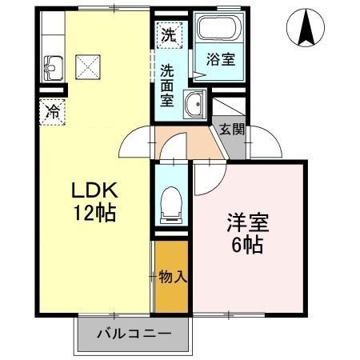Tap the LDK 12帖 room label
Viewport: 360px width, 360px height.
(x=95, y=202)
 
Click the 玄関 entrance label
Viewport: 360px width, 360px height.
(x=232, y=128)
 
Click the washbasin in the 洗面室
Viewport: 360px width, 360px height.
(x=193, y=104)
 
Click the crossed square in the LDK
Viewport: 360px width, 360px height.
(x=87, y=67)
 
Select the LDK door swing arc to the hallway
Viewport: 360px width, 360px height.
(x=134, y=144)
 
